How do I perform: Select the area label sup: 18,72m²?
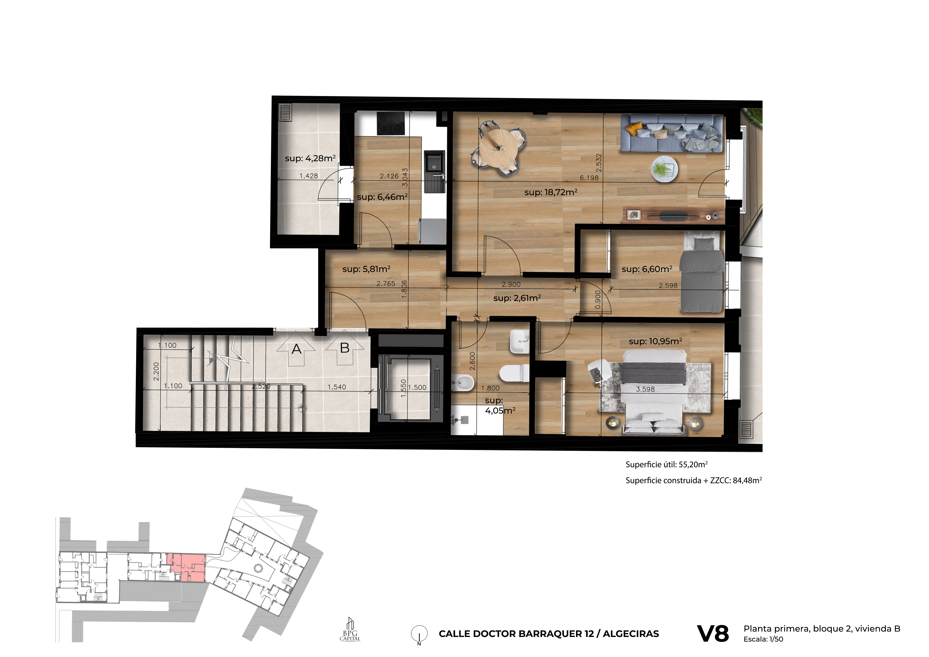[551, 192]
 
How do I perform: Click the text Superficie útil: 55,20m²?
[666, 464]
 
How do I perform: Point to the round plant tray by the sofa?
[664, 169]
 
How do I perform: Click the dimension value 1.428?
[309, 176]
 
